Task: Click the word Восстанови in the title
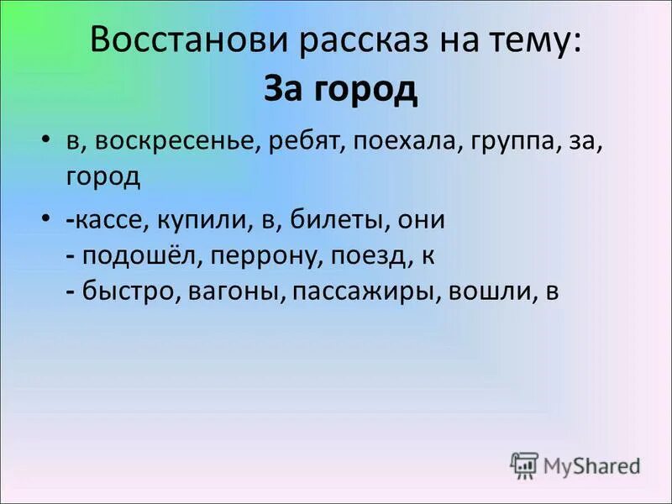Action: pos(177,43)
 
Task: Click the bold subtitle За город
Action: pos(340,90)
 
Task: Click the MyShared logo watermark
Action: pos(575,465)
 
